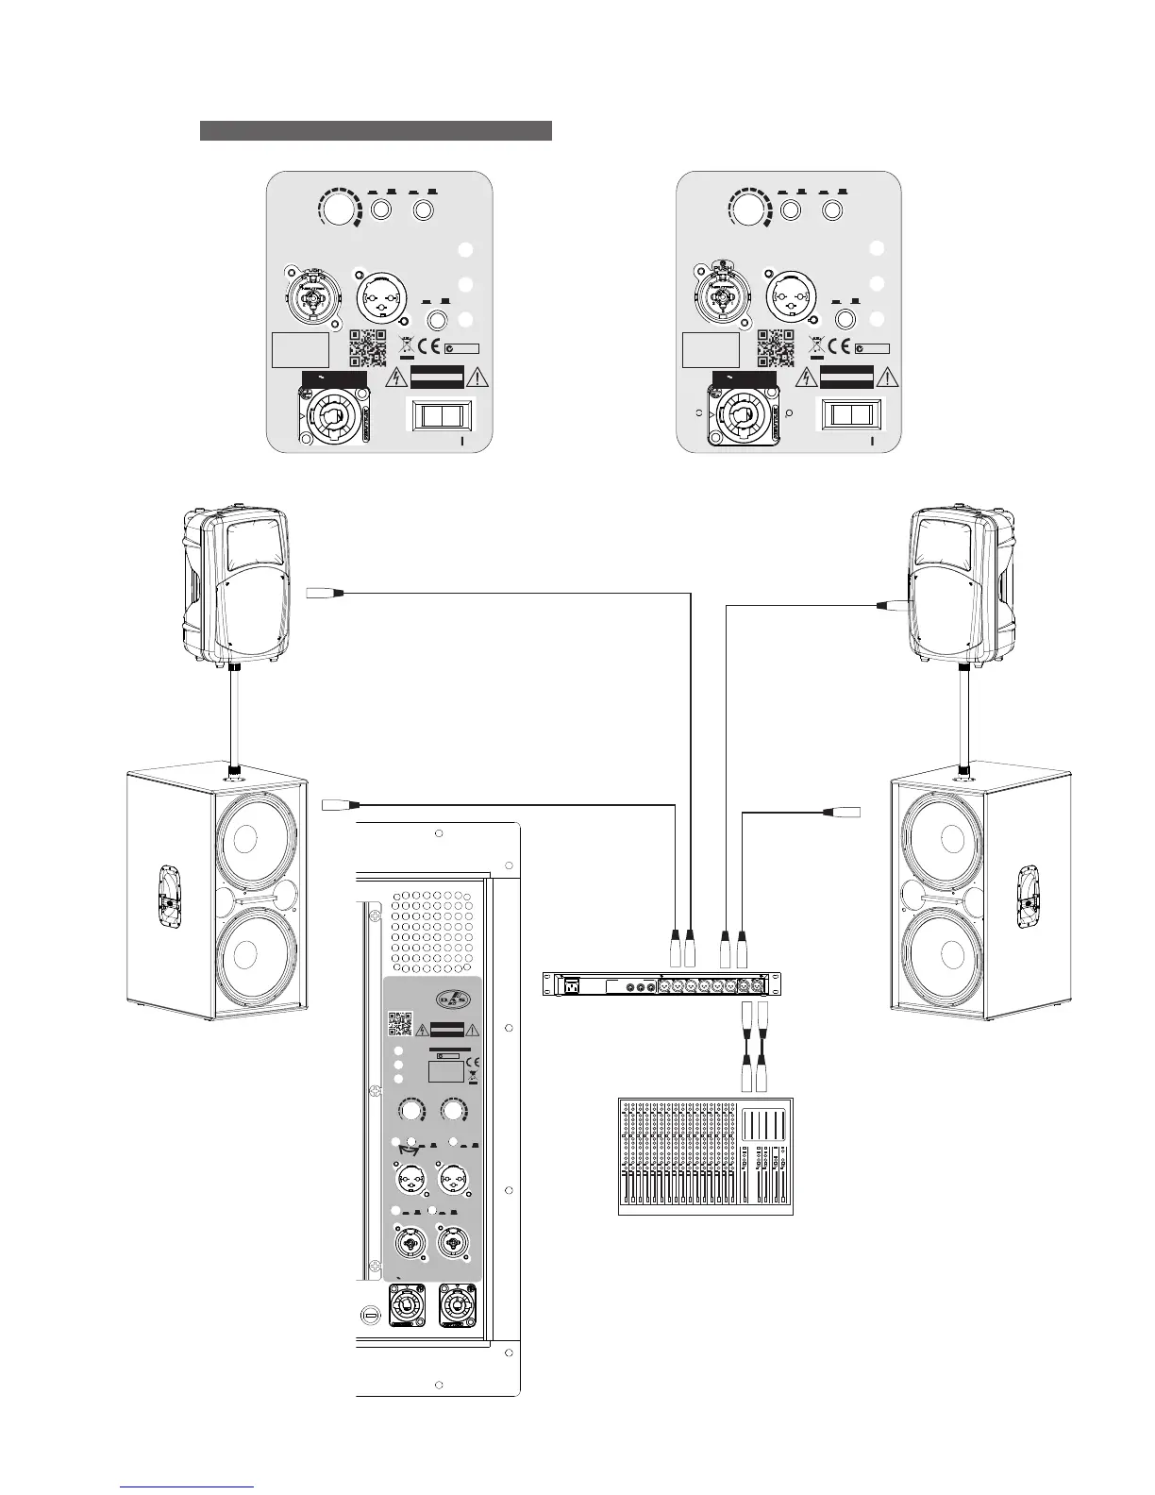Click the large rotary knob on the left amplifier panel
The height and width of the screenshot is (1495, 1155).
[340, 209]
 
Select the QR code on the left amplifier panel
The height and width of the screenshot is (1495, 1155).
[368, 347]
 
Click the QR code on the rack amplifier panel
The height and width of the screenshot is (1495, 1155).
[400, 1025]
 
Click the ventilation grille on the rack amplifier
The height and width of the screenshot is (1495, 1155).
[435, 931]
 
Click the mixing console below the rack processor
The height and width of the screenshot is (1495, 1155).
[707, 1156]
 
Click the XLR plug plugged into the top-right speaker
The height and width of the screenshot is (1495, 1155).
[892, 607]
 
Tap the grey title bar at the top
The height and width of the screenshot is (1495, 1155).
[376, 130]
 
